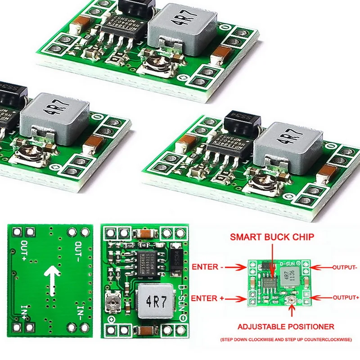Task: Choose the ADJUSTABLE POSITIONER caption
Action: pyautogui.click(x=286, y=326)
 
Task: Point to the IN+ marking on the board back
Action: pyautogui.click(x=23, y=310)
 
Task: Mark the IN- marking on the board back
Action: pyautogui.click(x=79, y=310)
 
